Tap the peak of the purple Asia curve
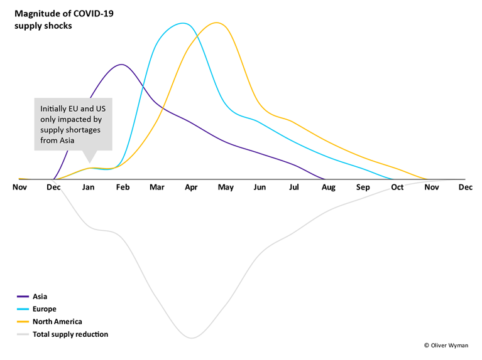(x=121, y=65)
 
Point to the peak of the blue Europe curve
(x=183, y=23)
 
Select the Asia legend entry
(x=40, y=297)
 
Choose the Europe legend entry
(x=44, y=309)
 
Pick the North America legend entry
(x=57, y=322)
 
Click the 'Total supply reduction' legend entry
(x=70, y=334)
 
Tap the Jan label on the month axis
(x=89, y=188)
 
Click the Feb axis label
(x=122, y=188)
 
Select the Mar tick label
(x=156, y=188)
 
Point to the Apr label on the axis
(x=191, y=188)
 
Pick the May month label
(x=225, y=188)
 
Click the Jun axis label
(x=260, y=188)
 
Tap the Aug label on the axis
(x=328, y=188)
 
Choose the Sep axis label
(x=363, y=188)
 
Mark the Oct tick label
(x=397, y=188)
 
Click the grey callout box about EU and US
(x=73, y=124)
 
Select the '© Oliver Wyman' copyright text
(x=449, y=345)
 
